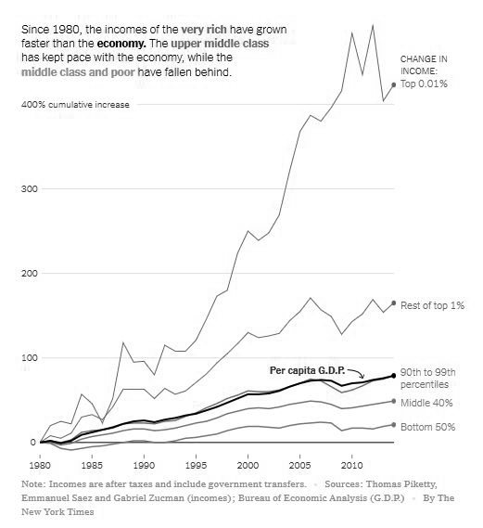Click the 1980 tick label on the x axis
pyautogui.click(x=39, y=462)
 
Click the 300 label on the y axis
pyautogui.click(x=29, y=188)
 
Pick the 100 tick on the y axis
pyautogui.click(x=29, y=357)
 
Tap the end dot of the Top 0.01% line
pyautogui.click(x=394, y=84)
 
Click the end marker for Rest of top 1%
pyautogui.click(x=394, y=303)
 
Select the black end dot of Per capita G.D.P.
pyautogui.click(x=394, y=376)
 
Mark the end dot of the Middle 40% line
pyautogui.click(x=394, y=402)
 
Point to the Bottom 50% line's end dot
pyautogui.click(x=394, y=425)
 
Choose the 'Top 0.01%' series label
pyautogui.click(x=425, y=84)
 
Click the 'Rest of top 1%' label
pyautogui.click(x=432, y=303)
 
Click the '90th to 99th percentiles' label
pyautogui.click(x=424, y=377)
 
